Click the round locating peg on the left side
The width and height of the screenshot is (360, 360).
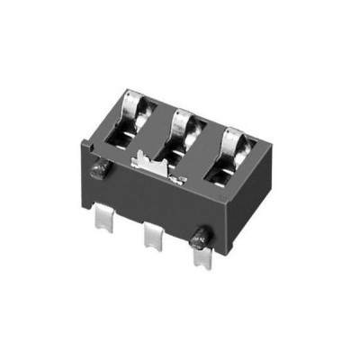98,171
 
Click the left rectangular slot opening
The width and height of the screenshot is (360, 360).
129,133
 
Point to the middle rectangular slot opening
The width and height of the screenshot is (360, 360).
178,148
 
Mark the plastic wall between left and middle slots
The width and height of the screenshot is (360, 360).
157,130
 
